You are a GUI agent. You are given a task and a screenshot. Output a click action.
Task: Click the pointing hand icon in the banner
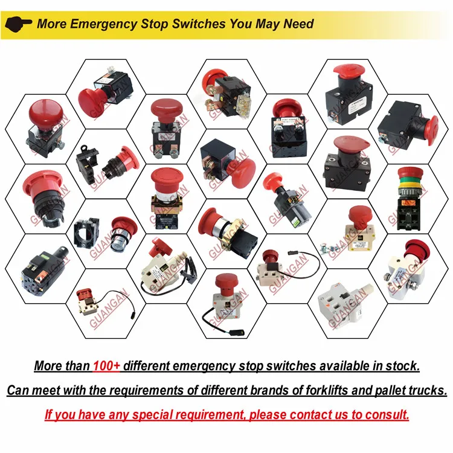point(19,24)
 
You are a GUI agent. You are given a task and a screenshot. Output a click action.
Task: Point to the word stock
point(400,365)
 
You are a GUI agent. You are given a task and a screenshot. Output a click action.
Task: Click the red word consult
point(385,415)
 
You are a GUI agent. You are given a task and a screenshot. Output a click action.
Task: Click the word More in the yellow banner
point(51,24)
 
